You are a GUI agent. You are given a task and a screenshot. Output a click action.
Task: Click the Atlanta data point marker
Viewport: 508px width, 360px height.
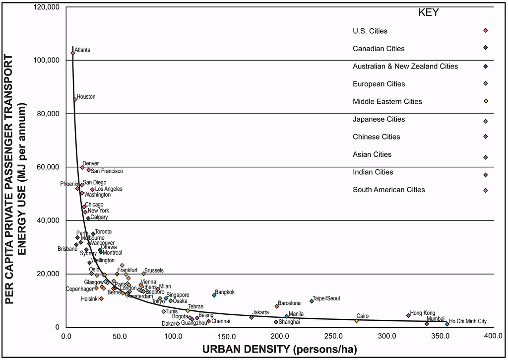(x=73, y=53)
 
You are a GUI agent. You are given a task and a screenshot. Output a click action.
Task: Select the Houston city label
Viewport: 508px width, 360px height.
(x=86, y=97)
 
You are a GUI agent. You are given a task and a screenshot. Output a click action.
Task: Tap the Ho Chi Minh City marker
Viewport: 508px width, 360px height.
(x=447, y=324)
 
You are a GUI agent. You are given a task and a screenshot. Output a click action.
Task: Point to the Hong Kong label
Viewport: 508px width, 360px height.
(x=422, y=313)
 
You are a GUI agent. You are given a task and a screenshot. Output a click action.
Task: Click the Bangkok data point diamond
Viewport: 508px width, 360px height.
(x=214, y=295)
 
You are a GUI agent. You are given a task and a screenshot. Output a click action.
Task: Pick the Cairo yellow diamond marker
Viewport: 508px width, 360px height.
(x=356, y=321)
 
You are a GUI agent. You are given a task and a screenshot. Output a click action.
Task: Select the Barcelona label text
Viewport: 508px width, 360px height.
(x=289, y=303)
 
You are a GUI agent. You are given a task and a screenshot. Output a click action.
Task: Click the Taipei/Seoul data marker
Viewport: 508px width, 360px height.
(x=312, y=301)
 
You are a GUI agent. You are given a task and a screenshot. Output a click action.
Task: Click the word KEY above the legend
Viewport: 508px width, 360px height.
(x=429, y=12)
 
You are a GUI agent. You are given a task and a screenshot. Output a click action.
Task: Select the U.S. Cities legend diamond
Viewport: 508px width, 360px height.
(x=485, y=31)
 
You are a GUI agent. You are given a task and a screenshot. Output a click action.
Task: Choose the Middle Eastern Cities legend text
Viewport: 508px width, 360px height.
(x=387, y=101)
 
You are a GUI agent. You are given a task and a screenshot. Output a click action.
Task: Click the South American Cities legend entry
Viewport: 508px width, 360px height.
(x=388, y=190)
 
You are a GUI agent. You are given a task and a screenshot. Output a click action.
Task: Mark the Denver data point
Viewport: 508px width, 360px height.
(x=82, y=167)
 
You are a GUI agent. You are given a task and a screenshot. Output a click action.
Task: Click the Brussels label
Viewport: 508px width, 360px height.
(x=154, y=271)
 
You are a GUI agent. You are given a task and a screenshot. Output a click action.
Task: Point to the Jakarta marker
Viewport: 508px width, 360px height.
(x=252, y=317)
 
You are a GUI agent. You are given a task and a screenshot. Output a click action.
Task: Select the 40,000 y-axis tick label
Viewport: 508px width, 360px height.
(x=48, y=220)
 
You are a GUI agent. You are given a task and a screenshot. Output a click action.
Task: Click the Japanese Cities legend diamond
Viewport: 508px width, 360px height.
(x=485, y=121)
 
